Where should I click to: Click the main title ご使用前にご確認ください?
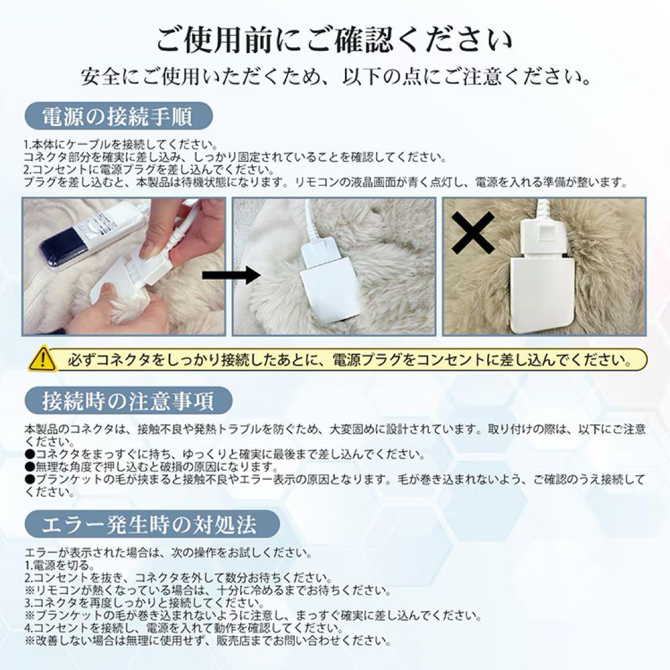(x=335, y=41)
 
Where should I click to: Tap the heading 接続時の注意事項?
(x=128, y=400)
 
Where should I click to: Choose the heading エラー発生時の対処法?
(x=149, y=525)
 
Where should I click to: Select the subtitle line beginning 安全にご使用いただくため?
(x=335, y=77)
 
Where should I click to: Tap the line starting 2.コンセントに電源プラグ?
(x=140, y=169)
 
